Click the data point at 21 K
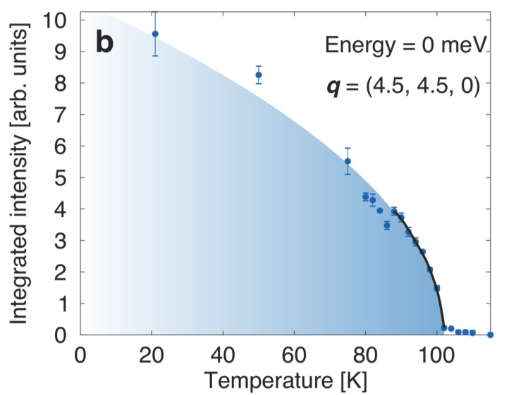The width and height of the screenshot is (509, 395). [x=155, y=34]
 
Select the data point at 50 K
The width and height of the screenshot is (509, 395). [x=259, y=75]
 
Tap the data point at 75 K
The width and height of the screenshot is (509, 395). [x=348, y=161]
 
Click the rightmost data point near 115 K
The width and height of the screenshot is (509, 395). [x=490, y=334]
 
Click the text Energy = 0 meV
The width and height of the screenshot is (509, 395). [x=405, y=46]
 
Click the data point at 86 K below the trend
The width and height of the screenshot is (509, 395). [x=386, y=225]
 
